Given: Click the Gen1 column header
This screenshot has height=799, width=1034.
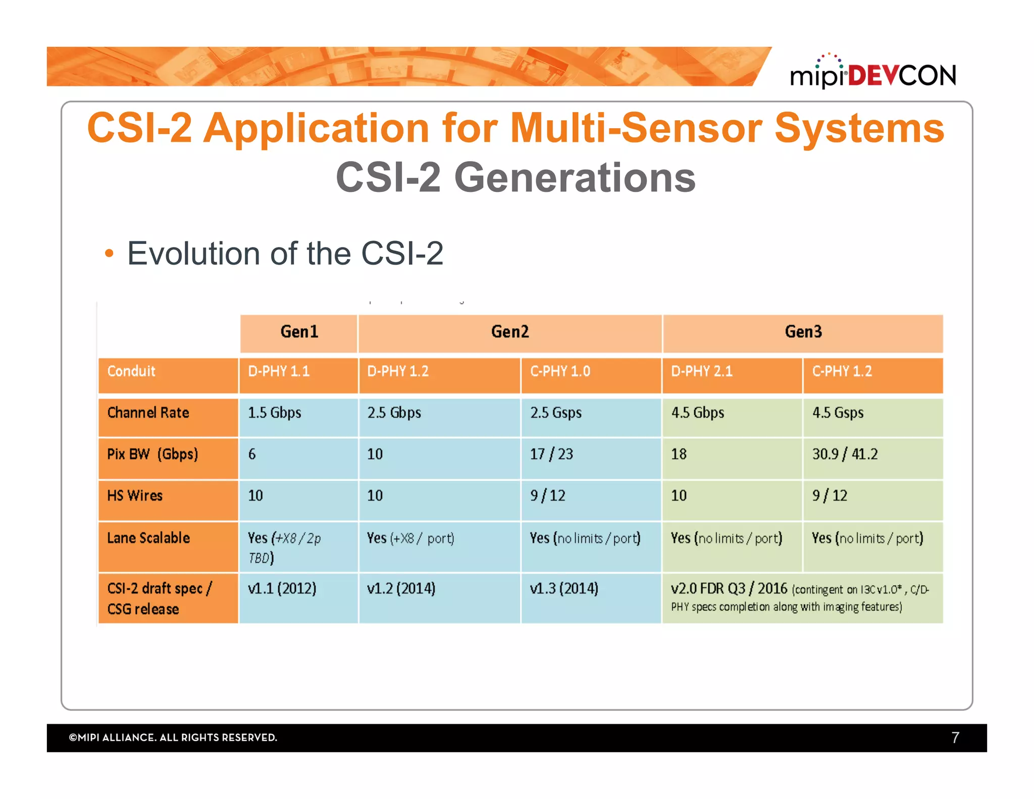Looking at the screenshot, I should (x=299, y=332).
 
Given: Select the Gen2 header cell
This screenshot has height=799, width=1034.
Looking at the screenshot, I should (x=510, y=332).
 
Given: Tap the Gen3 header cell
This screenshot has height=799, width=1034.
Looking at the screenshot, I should (x=803, y=332).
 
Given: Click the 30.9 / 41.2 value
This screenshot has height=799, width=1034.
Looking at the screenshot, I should (x=845, y=454).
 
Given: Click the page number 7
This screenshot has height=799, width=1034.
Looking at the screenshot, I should (x=955, y=738).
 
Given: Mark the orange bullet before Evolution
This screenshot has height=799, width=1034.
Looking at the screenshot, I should (x=109, y=253).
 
